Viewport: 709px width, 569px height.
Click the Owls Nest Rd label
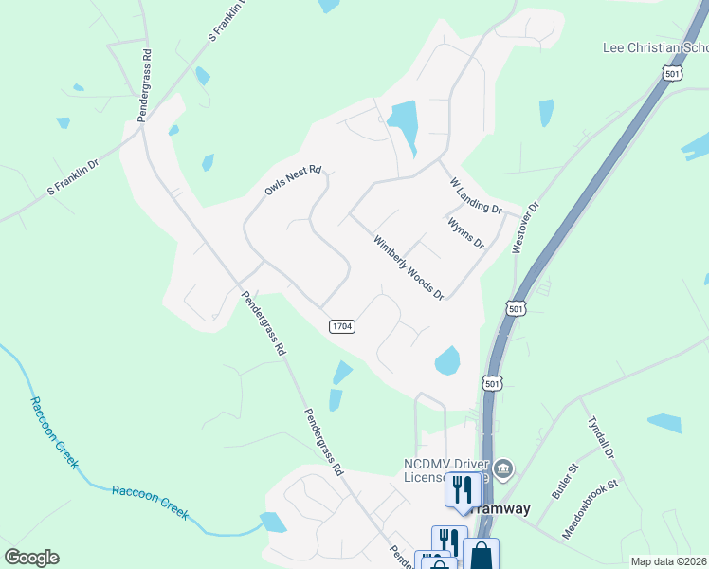pos(293,181)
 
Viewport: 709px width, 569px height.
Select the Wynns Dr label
pos(465,231)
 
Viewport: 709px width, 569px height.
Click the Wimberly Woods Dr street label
pos(409,266)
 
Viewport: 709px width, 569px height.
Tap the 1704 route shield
pos(342,326)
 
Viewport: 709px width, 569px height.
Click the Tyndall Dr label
pos(601,438)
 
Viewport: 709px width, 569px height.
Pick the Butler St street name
pos(565,482)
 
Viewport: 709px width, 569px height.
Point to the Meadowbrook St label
pos(590,509)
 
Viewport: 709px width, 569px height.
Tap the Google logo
pos(31,558)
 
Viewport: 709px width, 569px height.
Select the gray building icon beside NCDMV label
pos(504,468)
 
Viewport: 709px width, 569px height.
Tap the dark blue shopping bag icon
pos(481,554)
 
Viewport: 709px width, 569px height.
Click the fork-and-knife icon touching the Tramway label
pos(462,489)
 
